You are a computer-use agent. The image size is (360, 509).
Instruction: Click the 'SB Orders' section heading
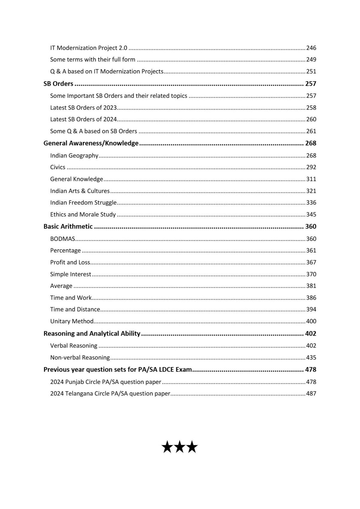58,84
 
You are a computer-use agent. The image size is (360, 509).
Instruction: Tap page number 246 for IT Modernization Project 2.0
311,48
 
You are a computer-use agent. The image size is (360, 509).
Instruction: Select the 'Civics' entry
58,167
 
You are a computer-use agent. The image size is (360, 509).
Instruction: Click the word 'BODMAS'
62,239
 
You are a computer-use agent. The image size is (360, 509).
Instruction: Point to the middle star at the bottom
180,447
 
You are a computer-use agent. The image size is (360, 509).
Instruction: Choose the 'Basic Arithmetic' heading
68,226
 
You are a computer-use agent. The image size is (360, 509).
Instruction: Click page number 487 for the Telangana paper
311,394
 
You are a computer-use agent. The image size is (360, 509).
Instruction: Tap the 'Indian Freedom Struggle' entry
83,202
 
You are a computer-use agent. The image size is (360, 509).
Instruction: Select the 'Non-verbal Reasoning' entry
80,358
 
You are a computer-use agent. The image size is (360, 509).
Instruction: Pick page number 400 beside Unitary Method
311,321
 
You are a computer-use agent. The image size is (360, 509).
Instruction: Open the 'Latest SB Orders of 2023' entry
83,107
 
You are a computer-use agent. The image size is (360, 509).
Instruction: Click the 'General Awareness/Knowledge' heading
91,143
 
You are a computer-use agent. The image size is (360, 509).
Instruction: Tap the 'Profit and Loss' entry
70,262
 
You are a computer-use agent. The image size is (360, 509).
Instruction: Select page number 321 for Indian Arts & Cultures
311,191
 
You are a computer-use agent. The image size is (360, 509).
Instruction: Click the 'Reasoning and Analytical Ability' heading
92,334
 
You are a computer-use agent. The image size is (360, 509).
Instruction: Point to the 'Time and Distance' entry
75,309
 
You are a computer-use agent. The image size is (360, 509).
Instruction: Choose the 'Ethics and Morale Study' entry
83,214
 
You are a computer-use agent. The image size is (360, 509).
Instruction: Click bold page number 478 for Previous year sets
310,370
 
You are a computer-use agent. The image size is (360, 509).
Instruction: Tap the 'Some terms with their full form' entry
92,59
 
